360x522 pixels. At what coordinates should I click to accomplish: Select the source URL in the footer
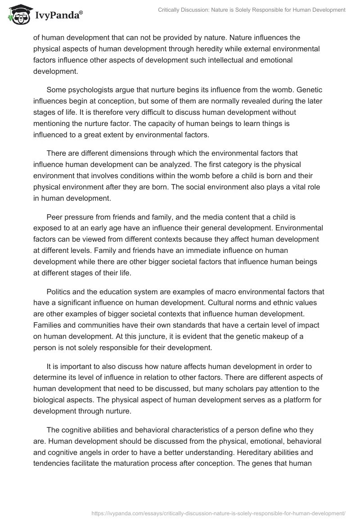point(218,513)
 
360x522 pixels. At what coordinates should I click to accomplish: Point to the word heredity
point(227,49)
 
